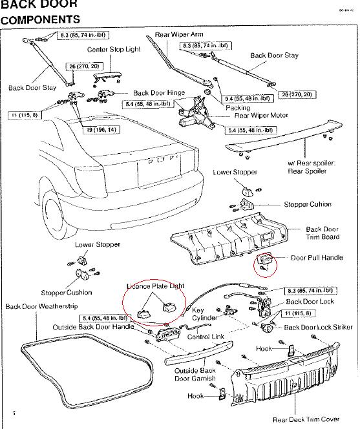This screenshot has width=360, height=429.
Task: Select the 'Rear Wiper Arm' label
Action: click(179, 34)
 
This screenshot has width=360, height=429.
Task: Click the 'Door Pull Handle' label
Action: click(317, 258)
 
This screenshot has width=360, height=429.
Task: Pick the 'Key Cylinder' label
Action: click(204, 315)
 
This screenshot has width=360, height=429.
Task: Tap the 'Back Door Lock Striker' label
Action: click(319, 328)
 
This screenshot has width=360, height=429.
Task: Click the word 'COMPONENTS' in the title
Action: click(40, 19)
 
